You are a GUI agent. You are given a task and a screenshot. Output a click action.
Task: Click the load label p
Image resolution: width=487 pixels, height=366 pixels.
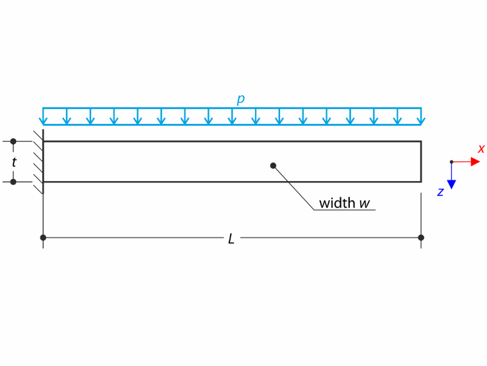coord(241,100)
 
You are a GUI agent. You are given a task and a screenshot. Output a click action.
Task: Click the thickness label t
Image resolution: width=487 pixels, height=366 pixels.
coord(14,162)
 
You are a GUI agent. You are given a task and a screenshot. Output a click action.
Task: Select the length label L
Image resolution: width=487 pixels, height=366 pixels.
coord(231,239)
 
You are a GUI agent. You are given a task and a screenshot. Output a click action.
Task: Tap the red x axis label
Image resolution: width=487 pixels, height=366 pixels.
coord(481,148)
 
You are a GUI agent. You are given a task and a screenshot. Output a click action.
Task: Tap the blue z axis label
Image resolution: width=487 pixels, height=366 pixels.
coord(440,192)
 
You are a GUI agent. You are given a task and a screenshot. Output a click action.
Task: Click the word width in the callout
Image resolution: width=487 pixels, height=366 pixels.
coord(337,203)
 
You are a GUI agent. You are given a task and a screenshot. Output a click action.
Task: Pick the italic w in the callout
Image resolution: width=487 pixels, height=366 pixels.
coord(365,204)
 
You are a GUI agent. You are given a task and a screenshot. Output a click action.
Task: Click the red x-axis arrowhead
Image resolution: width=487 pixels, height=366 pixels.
coord(475,162)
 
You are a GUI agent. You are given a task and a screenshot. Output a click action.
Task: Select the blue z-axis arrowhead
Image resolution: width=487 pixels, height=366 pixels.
coord(452,184)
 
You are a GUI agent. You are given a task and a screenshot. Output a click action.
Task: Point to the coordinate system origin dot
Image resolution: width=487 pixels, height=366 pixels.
coord(452,162)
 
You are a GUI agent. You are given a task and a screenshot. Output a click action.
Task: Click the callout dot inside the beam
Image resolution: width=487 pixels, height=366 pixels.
coord(273,166)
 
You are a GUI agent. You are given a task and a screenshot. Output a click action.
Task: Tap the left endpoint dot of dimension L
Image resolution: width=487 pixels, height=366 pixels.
coord(43,238)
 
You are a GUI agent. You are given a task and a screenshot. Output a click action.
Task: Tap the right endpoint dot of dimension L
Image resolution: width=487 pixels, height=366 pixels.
coord(421,238)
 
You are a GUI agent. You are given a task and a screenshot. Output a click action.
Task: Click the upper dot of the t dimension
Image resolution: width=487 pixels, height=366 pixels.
coord(13,141)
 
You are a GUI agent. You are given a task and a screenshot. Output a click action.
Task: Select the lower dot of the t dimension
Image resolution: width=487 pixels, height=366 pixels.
coord(13,182)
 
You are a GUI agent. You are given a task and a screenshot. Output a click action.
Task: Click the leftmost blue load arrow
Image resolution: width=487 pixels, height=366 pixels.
coord(43,116)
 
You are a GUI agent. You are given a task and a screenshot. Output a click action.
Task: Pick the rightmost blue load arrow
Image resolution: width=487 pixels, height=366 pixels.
coord(421,116)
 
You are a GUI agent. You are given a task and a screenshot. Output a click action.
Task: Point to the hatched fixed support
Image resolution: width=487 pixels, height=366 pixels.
coord(39,162)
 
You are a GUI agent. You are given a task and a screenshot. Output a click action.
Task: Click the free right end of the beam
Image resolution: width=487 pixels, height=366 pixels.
coord(421,162)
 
